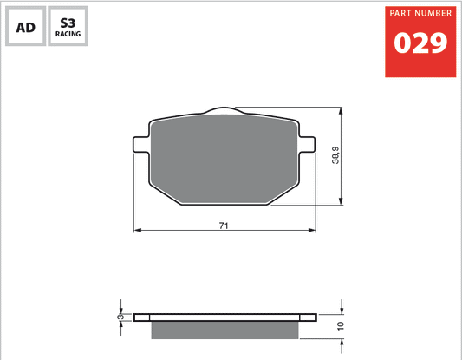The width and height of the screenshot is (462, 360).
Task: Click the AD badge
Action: (26, 28)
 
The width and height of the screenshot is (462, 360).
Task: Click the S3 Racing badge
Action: (67, 28)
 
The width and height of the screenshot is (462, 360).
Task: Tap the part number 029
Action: (420, 43)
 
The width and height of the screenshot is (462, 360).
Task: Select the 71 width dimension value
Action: (224, 226)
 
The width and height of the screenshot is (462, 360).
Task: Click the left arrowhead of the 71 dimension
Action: (137, 231)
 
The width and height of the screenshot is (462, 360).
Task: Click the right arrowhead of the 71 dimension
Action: (311, 231)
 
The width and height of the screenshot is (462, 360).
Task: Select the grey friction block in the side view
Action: (224, 330)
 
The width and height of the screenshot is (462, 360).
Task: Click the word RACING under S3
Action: (67, 36)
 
